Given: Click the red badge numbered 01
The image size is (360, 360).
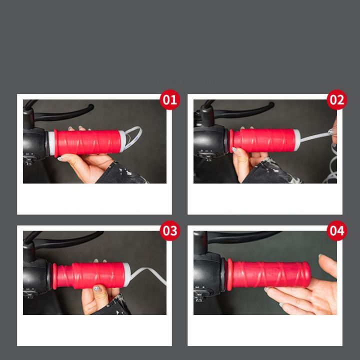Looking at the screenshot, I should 169,100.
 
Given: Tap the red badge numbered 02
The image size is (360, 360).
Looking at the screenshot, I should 336,100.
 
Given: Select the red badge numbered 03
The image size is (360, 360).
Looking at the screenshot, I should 169,230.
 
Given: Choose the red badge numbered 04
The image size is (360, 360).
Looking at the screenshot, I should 336,230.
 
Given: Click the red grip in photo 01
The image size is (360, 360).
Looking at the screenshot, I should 87,142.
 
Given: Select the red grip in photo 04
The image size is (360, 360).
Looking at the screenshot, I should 270,274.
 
